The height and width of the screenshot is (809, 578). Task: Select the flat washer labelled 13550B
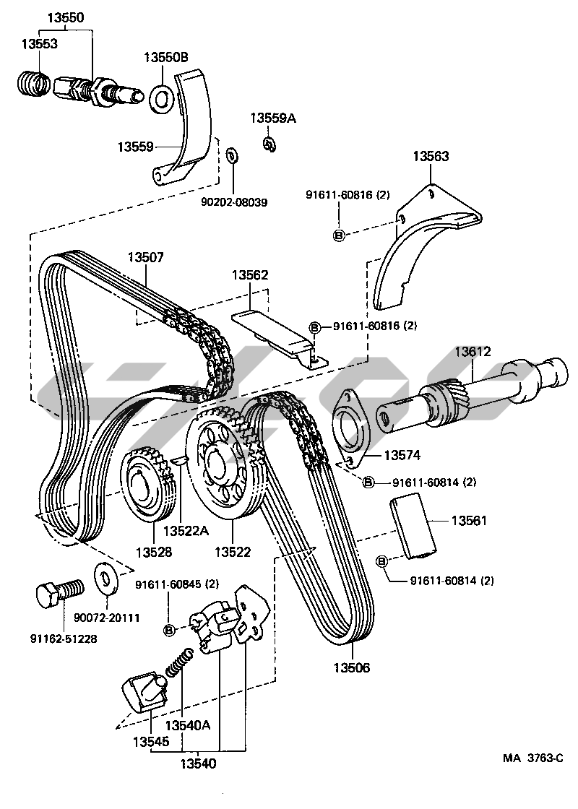[x=160, y=98]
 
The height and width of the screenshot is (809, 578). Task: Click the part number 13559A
[x=273, y=118]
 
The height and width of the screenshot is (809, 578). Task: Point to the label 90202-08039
[x=234, y=203]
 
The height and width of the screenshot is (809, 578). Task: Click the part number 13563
[x=431, y=156]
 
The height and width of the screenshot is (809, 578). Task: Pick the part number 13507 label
[x=146, y=257]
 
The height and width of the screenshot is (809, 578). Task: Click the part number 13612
[x=473, y=352]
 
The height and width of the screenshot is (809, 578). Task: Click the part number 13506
[x=352, y=668]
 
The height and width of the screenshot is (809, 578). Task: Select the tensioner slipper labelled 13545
[x=143, y=691]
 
